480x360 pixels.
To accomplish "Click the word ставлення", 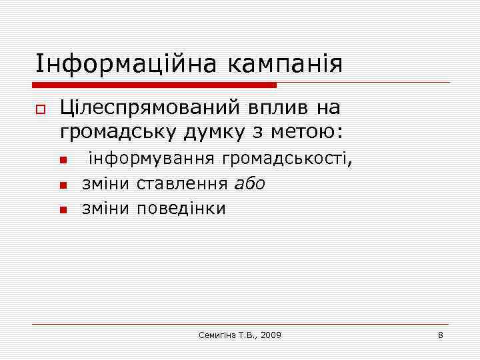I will tap(184, 184).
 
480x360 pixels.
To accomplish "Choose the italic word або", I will tap(251, 184).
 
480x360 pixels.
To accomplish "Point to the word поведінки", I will tap(181, 209).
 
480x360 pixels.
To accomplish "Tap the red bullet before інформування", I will tap(63, 161).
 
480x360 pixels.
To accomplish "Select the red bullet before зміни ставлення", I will tap(63, 185).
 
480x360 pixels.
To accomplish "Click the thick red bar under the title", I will tap(155, 85).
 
